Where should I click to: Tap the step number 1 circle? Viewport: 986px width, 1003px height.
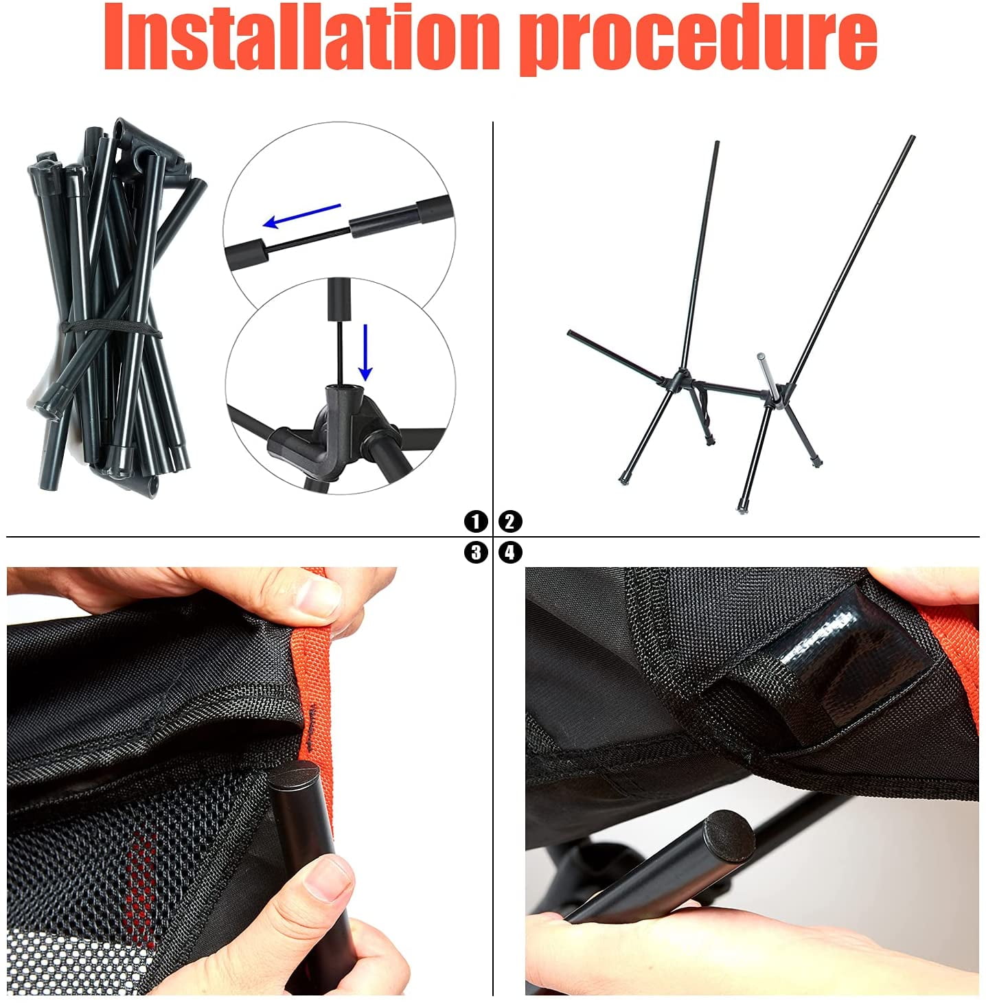(475, 521)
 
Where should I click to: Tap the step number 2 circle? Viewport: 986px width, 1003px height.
(510, 521)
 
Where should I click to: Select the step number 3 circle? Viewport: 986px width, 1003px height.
(475, 552)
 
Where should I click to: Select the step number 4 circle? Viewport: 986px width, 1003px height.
(510, 552)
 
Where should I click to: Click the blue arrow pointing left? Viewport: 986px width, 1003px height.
(302, 216)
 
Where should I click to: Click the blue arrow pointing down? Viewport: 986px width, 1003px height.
(365, 352)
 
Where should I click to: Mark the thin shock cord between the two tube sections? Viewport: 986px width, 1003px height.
(307, 240)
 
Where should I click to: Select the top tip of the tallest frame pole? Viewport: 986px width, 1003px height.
(912, 137)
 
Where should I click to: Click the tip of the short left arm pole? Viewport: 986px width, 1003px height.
(570, 333)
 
